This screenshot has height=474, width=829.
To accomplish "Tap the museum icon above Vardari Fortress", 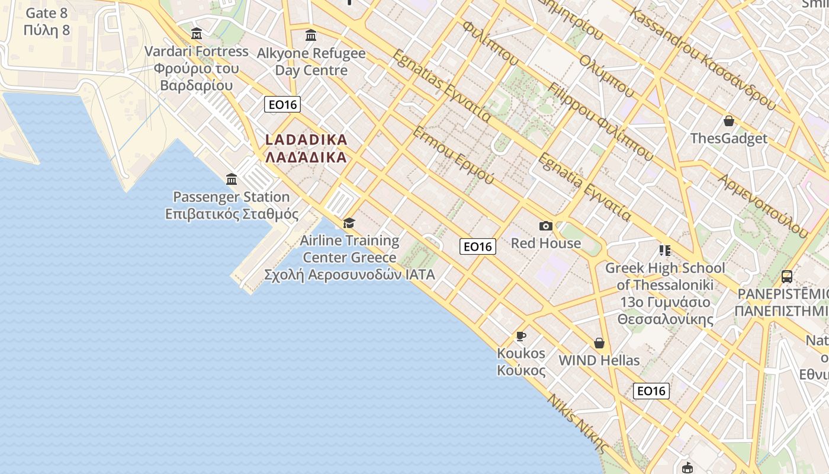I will point(197,34).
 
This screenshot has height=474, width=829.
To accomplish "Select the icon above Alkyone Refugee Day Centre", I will point(311,36).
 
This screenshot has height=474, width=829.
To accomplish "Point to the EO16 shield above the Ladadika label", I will point(282,105).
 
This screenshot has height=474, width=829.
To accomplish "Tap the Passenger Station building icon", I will point(232,179).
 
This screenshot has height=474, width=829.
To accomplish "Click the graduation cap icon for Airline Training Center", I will point(349,223).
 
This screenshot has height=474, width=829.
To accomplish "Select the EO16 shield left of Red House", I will point(478,246).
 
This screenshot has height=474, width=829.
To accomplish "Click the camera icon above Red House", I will point(546,226).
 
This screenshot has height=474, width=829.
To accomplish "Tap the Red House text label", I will point(546,243).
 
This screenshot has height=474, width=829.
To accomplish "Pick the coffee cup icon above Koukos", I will point(521,336).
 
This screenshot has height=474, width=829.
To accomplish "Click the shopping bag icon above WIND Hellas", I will point(599,343).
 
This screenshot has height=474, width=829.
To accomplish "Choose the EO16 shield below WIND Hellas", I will point(651,391).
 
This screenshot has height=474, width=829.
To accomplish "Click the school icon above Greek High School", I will point(664,251).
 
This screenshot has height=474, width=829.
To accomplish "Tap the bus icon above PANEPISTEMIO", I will point(787,276).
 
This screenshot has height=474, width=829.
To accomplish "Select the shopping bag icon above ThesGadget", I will point(729,121).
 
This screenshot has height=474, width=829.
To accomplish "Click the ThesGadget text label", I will point(729,139).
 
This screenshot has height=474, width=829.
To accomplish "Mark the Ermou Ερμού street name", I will point(453,155).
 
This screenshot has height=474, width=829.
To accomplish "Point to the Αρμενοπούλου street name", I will point(764,205).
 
